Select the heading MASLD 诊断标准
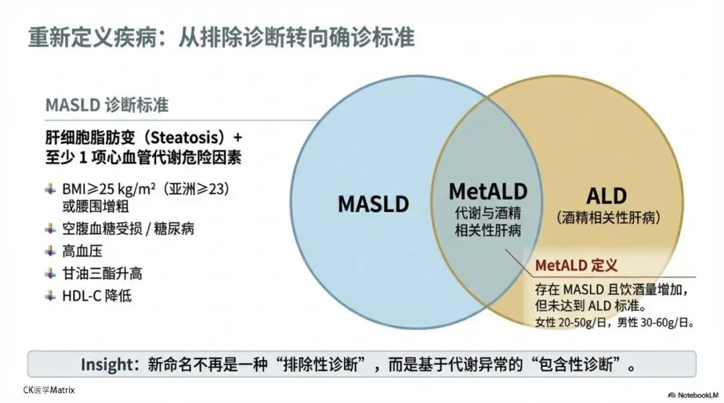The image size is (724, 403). [107, 105]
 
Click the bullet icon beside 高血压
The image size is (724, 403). [50, 251]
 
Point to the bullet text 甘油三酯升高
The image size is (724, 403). [103, 273]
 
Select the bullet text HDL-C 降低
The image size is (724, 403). [98, 295]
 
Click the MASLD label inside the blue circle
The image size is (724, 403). [373, 204]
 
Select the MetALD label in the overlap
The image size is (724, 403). [487, 191]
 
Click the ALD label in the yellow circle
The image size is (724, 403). [606, 195]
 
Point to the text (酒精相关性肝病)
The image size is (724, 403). [609, 218]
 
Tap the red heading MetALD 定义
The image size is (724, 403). [576, 266]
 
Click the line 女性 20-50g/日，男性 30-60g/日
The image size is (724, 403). [613, 323]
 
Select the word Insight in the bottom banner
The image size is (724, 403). [109, 365]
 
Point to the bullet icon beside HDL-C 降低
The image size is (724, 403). [50, 295]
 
